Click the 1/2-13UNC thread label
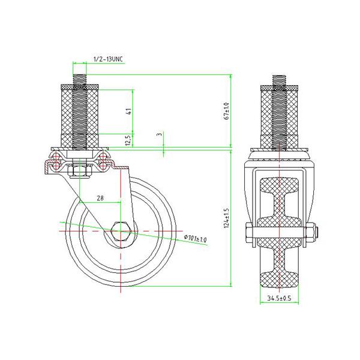tap(109, 58)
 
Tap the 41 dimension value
tap(128, 111)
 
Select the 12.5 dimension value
tap(128, 140)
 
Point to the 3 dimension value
tap(158, 135)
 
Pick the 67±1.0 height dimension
tap(226, 111)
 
